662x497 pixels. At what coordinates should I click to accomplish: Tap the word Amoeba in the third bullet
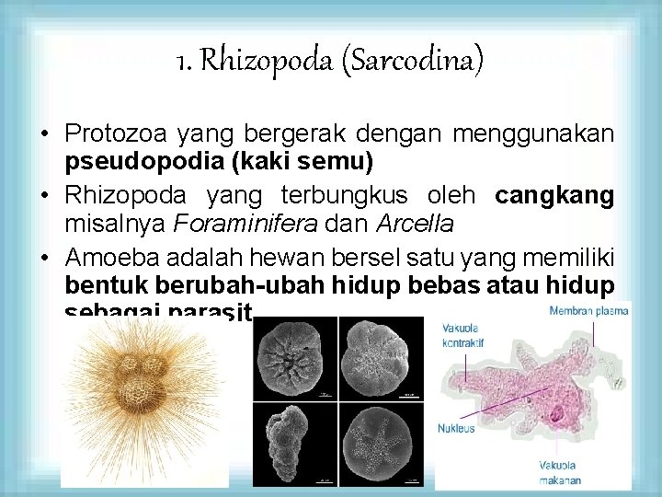point(105,255)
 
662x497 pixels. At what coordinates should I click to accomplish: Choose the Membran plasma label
point(588,310)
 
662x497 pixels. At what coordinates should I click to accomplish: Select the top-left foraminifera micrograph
point(296,359)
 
